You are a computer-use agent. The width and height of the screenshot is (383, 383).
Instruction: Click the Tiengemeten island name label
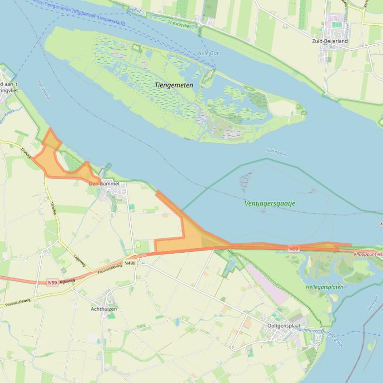click(174, 85)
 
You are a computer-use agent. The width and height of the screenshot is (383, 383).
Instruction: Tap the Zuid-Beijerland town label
click(330, 41)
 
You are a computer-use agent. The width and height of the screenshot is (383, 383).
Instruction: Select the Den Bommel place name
click(104, 184)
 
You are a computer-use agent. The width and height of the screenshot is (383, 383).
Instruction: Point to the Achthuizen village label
click(104, 309)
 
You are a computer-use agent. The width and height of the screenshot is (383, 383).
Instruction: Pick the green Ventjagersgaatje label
click(270, 203)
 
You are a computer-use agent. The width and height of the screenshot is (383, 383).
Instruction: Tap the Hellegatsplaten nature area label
click(324, 287)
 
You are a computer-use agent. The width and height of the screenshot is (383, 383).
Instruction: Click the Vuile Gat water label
click(207, 53)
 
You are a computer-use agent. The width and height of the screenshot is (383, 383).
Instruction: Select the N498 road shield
click(130, 263)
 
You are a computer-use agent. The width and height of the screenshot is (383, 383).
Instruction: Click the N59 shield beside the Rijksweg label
click(53, 283)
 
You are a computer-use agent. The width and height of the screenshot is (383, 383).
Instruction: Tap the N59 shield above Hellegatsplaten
click(293, 248)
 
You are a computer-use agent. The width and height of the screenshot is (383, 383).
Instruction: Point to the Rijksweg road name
click(67, 281)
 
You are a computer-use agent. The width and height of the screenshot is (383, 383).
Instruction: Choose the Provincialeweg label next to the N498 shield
click(110, 269)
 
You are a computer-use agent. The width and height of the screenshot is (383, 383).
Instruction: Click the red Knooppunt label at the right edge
click(368, 254)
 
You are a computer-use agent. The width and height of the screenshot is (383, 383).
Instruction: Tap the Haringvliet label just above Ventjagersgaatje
click(277, 153)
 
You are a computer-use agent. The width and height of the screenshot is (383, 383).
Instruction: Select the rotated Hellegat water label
click(373, 303)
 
